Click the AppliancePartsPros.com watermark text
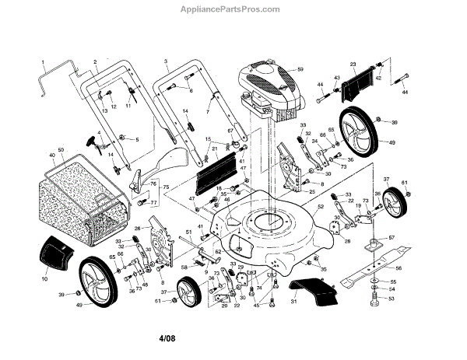[x=233, y=9]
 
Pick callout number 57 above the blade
[x=392, y=237]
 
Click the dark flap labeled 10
[x=54, y=253]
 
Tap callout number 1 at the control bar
[x=44, y=60]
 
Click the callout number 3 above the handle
[x=166, y=60]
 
